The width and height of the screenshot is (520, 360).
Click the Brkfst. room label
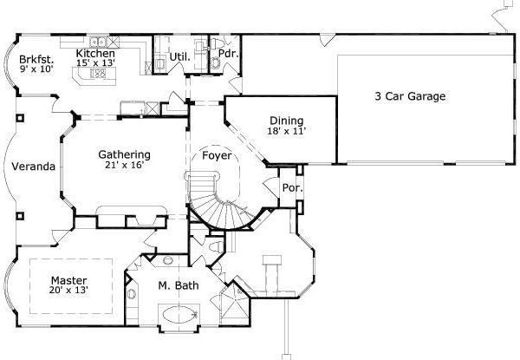[x=36, y=59]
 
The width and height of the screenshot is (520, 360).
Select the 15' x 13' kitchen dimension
[x=95, y=63]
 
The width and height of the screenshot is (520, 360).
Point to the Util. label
[x=180, y=57]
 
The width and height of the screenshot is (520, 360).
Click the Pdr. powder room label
[x=228, y=53]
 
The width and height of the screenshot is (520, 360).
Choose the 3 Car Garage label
[x=410, y=96]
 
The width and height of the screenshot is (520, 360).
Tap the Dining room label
[x=285, y=121]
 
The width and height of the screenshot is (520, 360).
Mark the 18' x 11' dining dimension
[x=287, y=131]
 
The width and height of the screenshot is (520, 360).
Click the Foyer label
[x=216, y=156]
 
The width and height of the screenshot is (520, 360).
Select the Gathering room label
[x=124, y=153]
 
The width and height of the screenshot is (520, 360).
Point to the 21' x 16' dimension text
[x=123, y=163]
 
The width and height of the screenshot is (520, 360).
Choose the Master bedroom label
[x=67, y=280]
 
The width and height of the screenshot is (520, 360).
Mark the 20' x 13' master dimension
[x=68, y=291]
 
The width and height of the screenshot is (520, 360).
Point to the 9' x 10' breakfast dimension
[x=36, y=69]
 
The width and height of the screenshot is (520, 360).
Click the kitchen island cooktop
[x=98, y=75]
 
